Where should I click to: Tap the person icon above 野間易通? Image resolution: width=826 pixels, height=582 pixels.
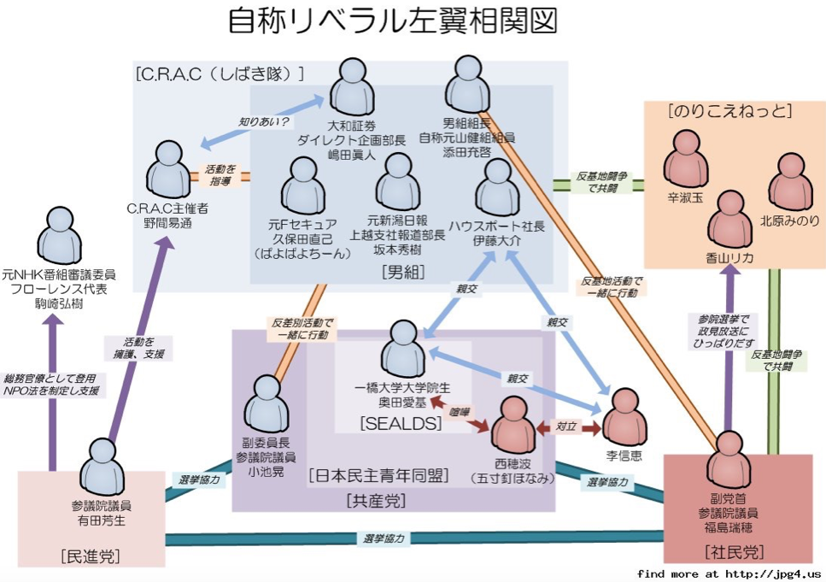(167, 168)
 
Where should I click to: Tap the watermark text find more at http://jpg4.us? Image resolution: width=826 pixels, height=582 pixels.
(729, 573)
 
